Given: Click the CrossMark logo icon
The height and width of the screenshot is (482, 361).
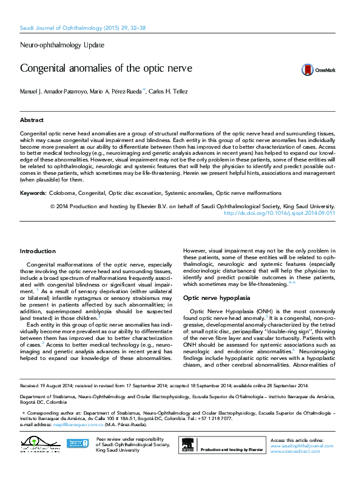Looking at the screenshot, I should tap(307, 70).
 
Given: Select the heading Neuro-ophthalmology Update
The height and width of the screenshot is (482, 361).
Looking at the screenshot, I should tap(62, 45).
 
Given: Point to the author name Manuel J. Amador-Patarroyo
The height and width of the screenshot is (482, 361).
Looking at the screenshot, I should tap(54, 92).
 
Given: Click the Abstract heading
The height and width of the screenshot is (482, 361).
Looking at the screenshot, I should tap(32, 120).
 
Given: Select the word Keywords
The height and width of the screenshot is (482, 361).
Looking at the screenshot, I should tap(33, 193).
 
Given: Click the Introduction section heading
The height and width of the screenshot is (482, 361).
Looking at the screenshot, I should tap(38, 251).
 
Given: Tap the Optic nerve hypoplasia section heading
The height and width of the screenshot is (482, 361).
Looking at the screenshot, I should tap(216, 298).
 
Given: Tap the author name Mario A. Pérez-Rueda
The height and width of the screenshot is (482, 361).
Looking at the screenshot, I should tap(114, 92).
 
